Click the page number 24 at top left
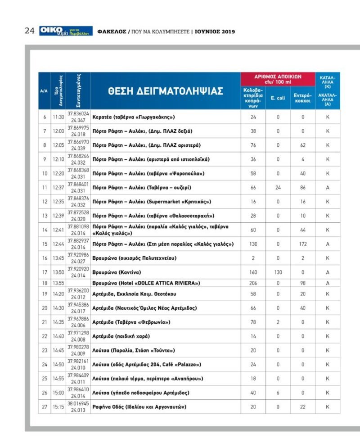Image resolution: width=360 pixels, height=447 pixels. tap(30, 31)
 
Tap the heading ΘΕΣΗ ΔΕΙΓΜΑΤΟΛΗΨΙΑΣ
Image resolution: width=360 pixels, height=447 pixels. tap(166, 91)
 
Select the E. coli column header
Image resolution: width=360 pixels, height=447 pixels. tap(278, 97)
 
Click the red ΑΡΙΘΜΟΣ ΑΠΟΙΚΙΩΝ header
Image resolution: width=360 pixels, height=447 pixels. tap(278, 79)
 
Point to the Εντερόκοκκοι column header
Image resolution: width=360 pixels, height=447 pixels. tap(302, 98)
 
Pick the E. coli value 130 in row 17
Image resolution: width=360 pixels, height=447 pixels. tap(278, 272)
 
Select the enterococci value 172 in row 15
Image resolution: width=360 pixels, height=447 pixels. tap(302, 244)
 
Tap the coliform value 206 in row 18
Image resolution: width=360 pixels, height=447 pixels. tap(253, 283)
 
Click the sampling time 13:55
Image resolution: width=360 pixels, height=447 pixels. tap(58, 283)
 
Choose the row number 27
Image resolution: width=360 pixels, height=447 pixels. tap(44, 407)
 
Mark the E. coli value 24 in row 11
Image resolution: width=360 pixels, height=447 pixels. tap(278, 187)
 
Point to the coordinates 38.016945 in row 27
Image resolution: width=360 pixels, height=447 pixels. tap(78, 404)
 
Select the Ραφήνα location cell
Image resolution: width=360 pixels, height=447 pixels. tap(139, 407)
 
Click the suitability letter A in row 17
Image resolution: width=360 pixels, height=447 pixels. tap(327, 272)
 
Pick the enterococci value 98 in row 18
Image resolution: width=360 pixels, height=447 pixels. tap(302, 283)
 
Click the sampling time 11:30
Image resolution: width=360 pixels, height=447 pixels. tap(58, 117)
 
